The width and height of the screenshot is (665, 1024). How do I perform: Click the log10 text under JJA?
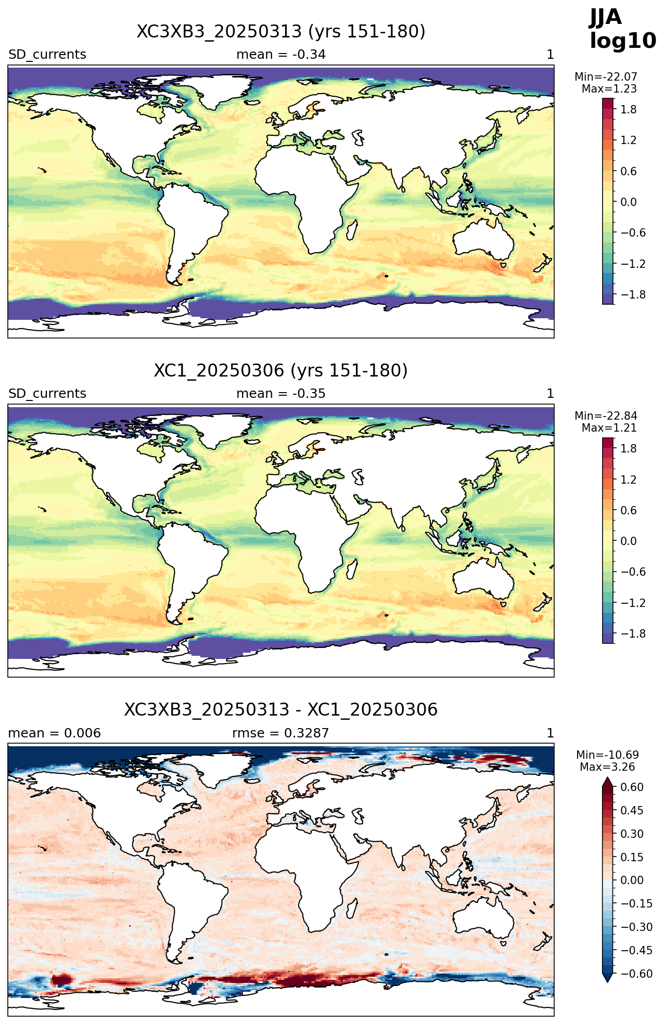click(623, 41)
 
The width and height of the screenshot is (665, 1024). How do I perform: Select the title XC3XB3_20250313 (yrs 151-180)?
click(281, 32)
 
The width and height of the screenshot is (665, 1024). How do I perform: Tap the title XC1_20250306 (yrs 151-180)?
click(281, 371)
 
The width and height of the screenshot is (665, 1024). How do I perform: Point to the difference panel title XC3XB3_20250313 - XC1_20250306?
click(281, 710)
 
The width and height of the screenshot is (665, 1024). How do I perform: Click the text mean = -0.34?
click(281, 55)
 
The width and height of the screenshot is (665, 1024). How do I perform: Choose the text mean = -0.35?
click(281, 394)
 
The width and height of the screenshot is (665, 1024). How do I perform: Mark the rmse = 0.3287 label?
click(280, 733)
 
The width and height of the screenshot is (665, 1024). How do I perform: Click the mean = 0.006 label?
click(55, 733)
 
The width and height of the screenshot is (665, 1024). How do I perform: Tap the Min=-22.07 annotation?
click(606, 77)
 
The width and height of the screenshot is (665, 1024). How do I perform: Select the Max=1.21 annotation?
click(609, 428)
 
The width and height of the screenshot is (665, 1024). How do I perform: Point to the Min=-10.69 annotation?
click(607, 755)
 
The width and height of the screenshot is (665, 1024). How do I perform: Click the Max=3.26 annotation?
click(607, 767)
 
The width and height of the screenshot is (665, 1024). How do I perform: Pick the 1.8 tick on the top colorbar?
click(629, 109)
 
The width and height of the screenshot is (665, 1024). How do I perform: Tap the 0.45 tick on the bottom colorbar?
click(632, 810)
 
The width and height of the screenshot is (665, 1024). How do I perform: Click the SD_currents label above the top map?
click(47, 55)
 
